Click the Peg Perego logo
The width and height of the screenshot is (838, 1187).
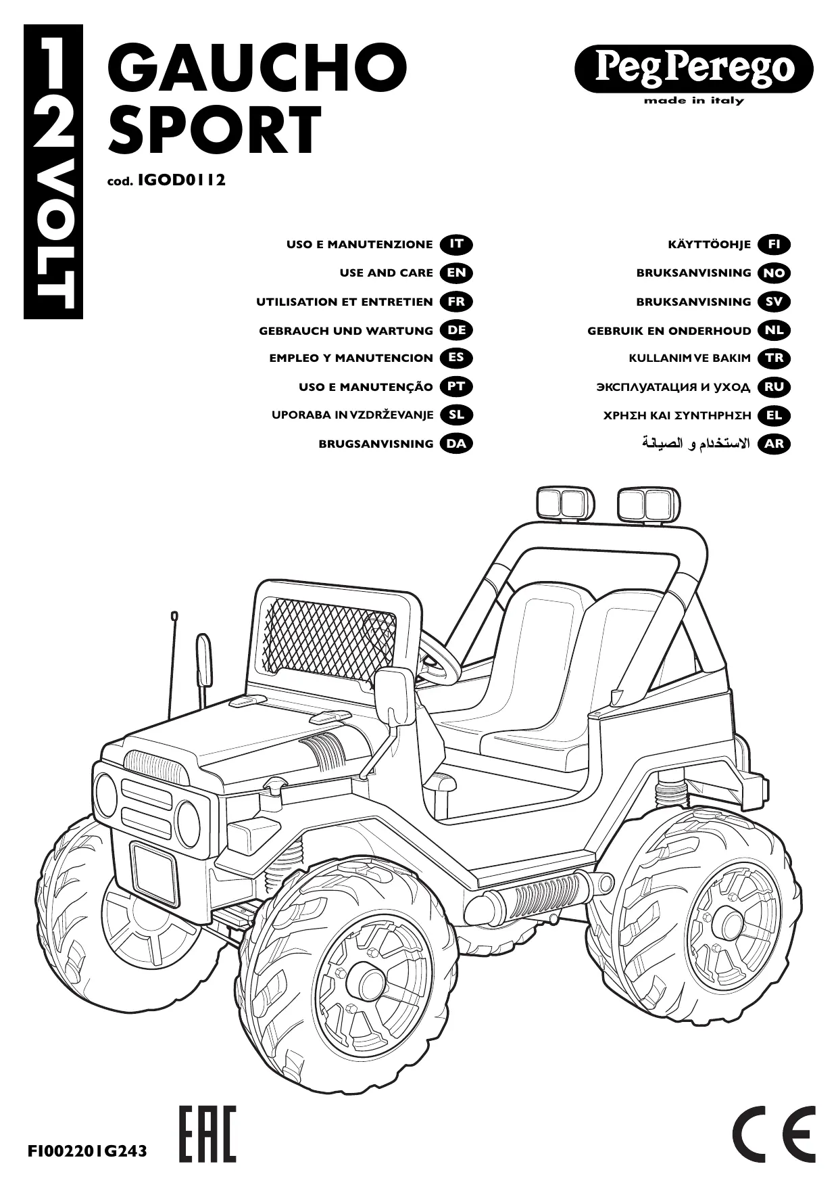tap(693, 68)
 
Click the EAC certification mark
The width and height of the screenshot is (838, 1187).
tap(207, 1133)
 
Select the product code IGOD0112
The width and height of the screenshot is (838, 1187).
tap(181, 181)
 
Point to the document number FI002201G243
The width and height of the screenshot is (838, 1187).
tap(87, 1150)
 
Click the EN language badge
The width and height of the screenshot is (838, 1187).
tap(456, 273)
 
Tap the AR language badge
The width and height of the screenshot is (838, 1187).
tap(774, 444)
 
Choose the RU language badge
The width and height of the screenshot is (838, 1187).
tap(774, 387)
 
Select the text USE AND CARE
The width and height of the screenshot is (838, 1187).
tap(386, 273)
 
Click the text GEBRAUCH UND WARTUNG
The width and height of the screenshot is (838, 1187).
tap(346, 331)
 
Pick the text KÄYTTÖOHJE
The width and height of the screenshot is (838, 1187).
tap(709, 244)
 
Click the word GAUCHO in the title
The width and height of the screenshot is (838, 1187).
tap(257, 70)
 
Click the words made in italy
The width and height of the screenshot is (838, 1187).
tap(693, 101)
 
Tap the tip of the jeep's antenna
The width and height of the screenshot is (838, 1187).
tap(174, 616)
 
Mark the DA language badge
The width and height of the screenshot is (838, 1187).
tap(456, 444)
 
